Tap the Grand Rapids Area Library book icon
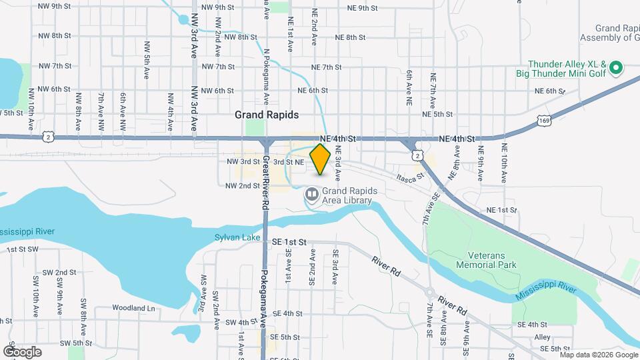[x=311, y=195]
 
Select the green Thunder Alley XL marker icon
[x=617, y=67]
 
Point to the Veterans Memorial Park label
[x=487, y=260]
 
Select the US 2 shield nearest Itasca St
[x=417, y=155]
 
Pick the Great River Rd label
[x=265, y=183]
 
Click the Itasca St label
[x=409, y=178]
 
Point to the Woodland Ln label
[x=133, y=308]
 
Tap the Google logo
[x=22, y=351]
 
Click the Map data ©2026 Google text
[x=598, y=354]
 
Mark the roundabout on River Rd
[x=431, y=292]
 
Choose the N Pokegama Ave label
[x=266, y=76]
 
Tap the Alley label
[x=542, y=337]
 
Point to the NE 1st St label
[x=502, y=210]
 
